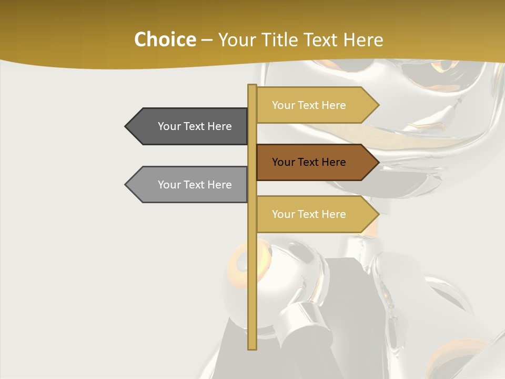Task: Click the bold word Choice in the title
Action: tap(165, 40)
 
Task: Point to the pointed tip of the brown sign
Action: tap(378, 162)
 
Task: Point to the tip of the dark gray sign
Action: tap(126, 126)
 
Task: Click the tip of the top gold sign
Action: tap(378, 105)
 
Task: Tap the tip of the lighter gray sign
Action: tap(126, 185)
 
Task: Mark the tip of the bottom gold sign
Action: tap(378, 214)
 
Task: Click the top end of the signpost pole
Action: tap(252, 86)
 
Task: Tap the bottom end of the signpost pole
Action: tap(252, 348)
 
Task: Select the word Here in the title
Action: tap(363, 40)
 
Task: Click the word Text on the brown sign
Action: tap(309, 162)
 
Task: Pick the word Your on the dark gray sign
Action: tap(169, 126)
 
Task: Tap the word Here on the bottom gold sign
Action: tap(334, 214)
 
